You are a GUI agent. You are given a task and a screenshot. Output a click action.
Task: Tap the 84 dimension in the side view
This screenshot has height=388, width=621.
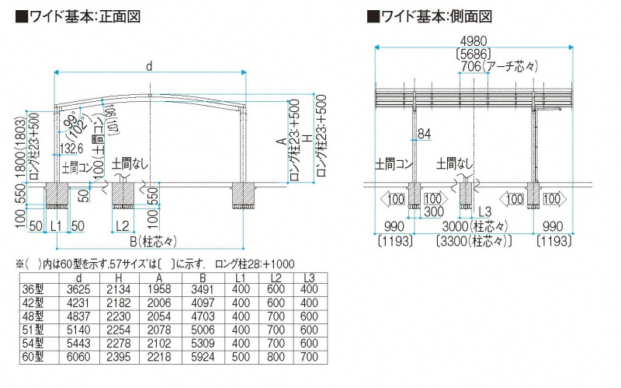click(x=423, y=135)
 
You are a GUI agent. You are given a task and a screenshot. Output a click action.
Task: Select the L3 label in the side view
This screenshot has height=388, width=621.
click(x=484, y=211)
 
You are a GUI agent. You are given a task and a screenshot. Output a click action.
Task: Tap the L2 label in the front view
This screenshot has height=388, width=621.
click(x=122, y=225)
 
